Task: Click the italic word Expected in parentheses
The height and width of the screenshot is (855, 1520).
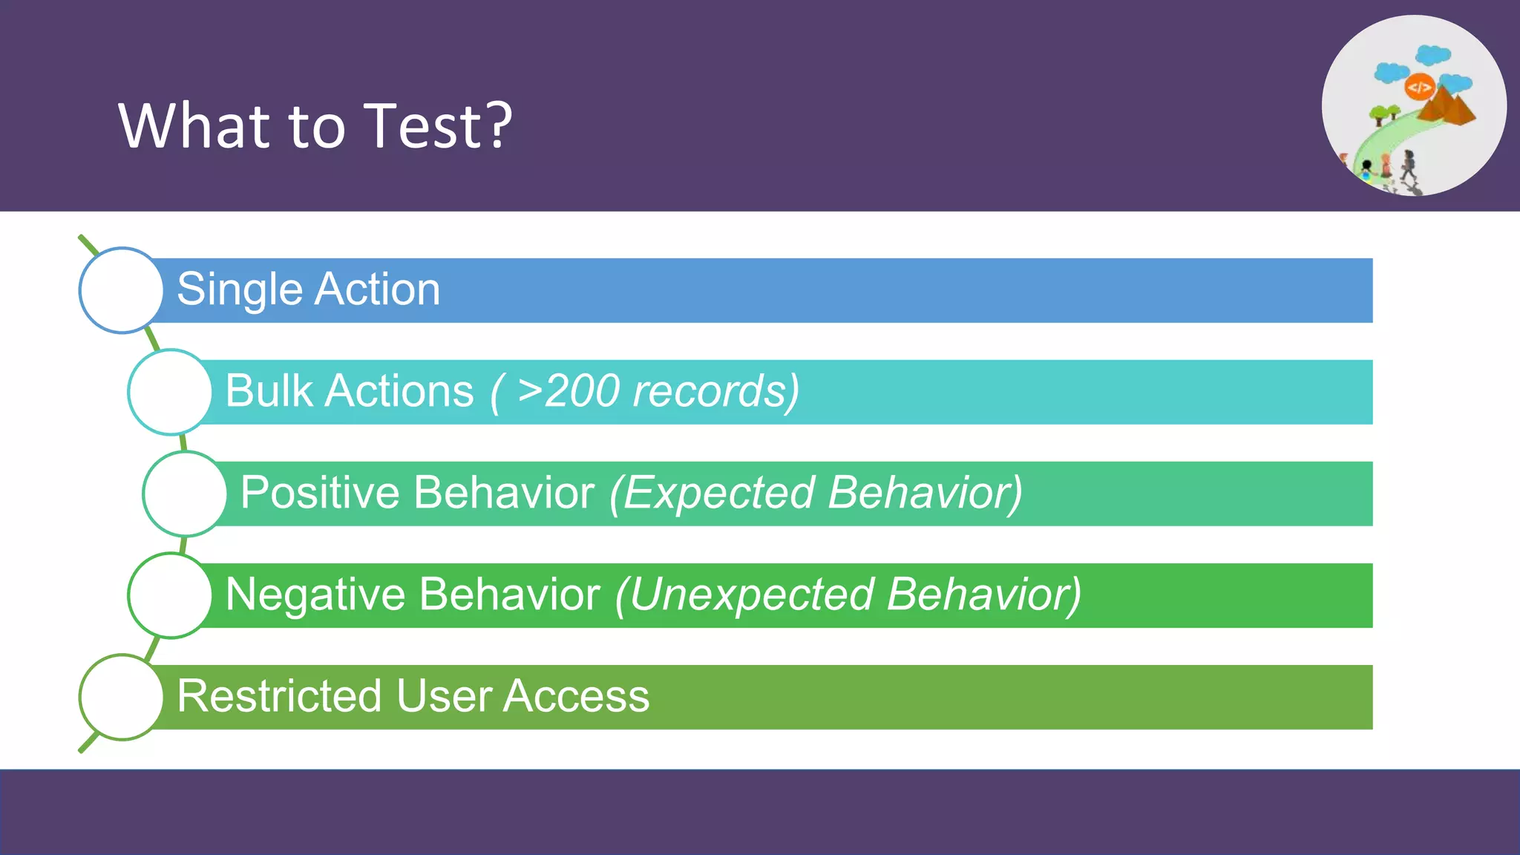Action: (718, 493)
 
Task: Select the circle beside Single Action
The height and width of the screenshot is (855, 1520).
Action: (121, 290)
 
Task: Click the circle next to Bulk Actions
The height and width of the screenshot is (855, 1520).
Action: (170, 392)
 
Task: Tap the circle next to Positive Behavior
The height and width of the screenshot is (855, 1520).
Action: (185, 494)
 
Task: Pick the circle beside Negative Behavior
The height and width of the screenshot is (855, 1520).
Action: (170, 595)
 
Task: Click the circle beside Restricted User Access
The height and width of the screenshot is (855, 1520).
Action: (121, 697)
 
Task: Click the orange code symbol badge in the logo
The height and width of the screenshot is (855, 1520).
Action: (1419, 88)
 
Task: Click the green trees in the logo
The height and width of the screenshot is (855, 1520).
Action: (1384, 114)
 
